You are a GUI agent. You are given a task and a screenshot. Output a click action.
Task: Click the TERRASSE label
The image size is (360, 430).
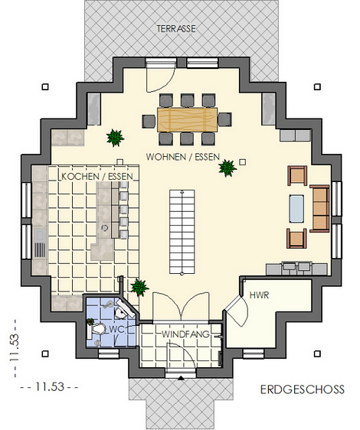[176, 29]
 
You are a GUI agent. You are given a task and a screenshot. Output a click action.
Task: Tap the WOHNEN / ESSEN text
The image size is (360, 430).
[183, 157]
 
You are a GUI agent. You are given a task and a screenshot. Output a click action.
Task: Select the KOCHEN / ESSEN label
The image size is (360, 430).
[97, 176]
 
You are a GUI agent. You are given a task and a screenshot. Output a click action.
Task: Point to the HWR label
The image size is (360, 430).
[259, 295]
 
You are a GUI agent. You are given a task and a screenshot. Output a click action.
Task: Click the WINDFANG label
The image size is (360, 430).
[185, 334]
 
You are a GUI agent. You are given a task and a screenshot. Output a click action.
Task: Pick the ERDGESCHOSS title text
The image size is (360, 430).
[303, 389]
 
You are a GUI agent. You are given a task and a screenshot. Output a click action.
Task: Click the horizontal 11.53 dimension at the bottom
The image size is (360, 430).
[49, 387]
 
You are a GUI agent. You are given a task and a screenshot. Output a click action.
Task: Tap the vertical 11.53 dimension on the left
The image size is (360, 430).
[15, 347]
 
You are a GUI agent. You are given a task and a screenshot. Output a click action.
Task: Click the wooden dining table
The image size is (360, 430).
[188, 119]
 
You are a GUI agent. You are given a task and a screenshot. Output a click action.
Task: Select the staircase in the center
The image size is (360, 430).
[182, 232]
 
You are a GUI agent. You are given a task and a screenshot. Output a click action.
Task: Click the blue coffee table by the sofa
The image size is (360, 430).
[297, 208]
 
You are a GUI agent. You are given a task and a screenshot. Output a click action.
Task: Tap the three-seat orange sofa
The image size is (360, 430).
[319, 209]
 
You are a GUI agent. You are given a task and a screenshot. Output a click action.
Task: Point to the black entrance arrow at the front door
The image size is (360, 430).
[181, 379]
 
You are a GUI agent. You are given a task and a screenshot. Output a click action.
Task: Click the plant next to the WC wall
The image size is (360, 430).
[139, 288]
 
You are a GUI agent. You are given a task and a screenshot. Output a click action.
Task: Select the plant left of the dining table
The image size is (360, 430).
[116, 138]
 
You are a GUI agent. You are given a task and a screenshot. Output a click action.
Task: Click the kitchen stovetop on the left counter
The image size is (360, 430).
[41, 249]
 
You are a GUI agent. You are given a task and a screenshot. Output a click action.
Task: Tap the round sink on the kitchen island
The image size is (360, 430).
[105, 227]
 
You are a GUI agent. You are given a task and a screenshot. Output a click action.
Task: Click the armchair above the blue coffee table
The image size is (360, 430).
[297, 175]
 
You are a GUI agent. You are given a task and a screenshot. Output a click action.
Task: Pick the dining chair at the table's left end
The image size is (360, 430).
[149, 121]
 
